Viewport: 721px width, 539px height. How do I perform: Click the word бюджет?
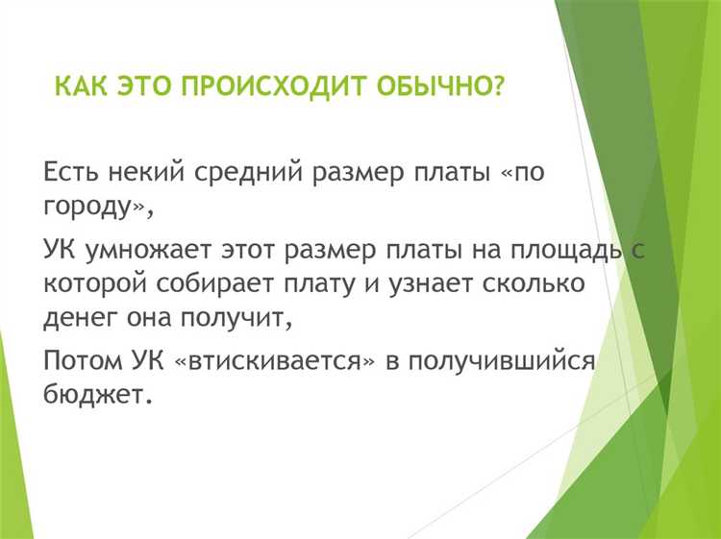pos(94,395)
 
